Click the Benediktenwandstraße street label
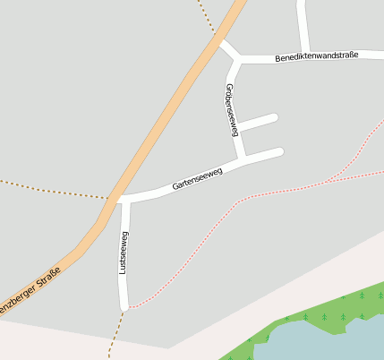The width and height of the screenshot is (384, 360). (x=316, y=56)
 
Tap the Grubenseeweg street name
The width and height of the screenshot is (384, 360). (x=231, y=109)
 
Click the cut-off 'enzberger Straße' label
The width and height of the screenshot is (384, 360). (x=29, y=292)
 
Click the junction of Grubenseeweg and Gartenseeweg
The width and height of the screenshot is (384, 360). (x=243, y=159)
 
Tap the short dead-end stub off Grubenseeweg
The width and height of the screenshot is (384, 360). (x=260, y=122)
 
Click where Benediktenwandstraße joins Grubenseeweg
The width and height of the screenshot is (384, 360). (x=240, y=59)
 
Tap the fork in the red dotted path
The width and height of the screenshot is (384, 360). (x=333, y=179)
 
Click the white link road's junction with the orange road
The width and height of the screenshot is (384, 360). (x=218, y=39)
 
